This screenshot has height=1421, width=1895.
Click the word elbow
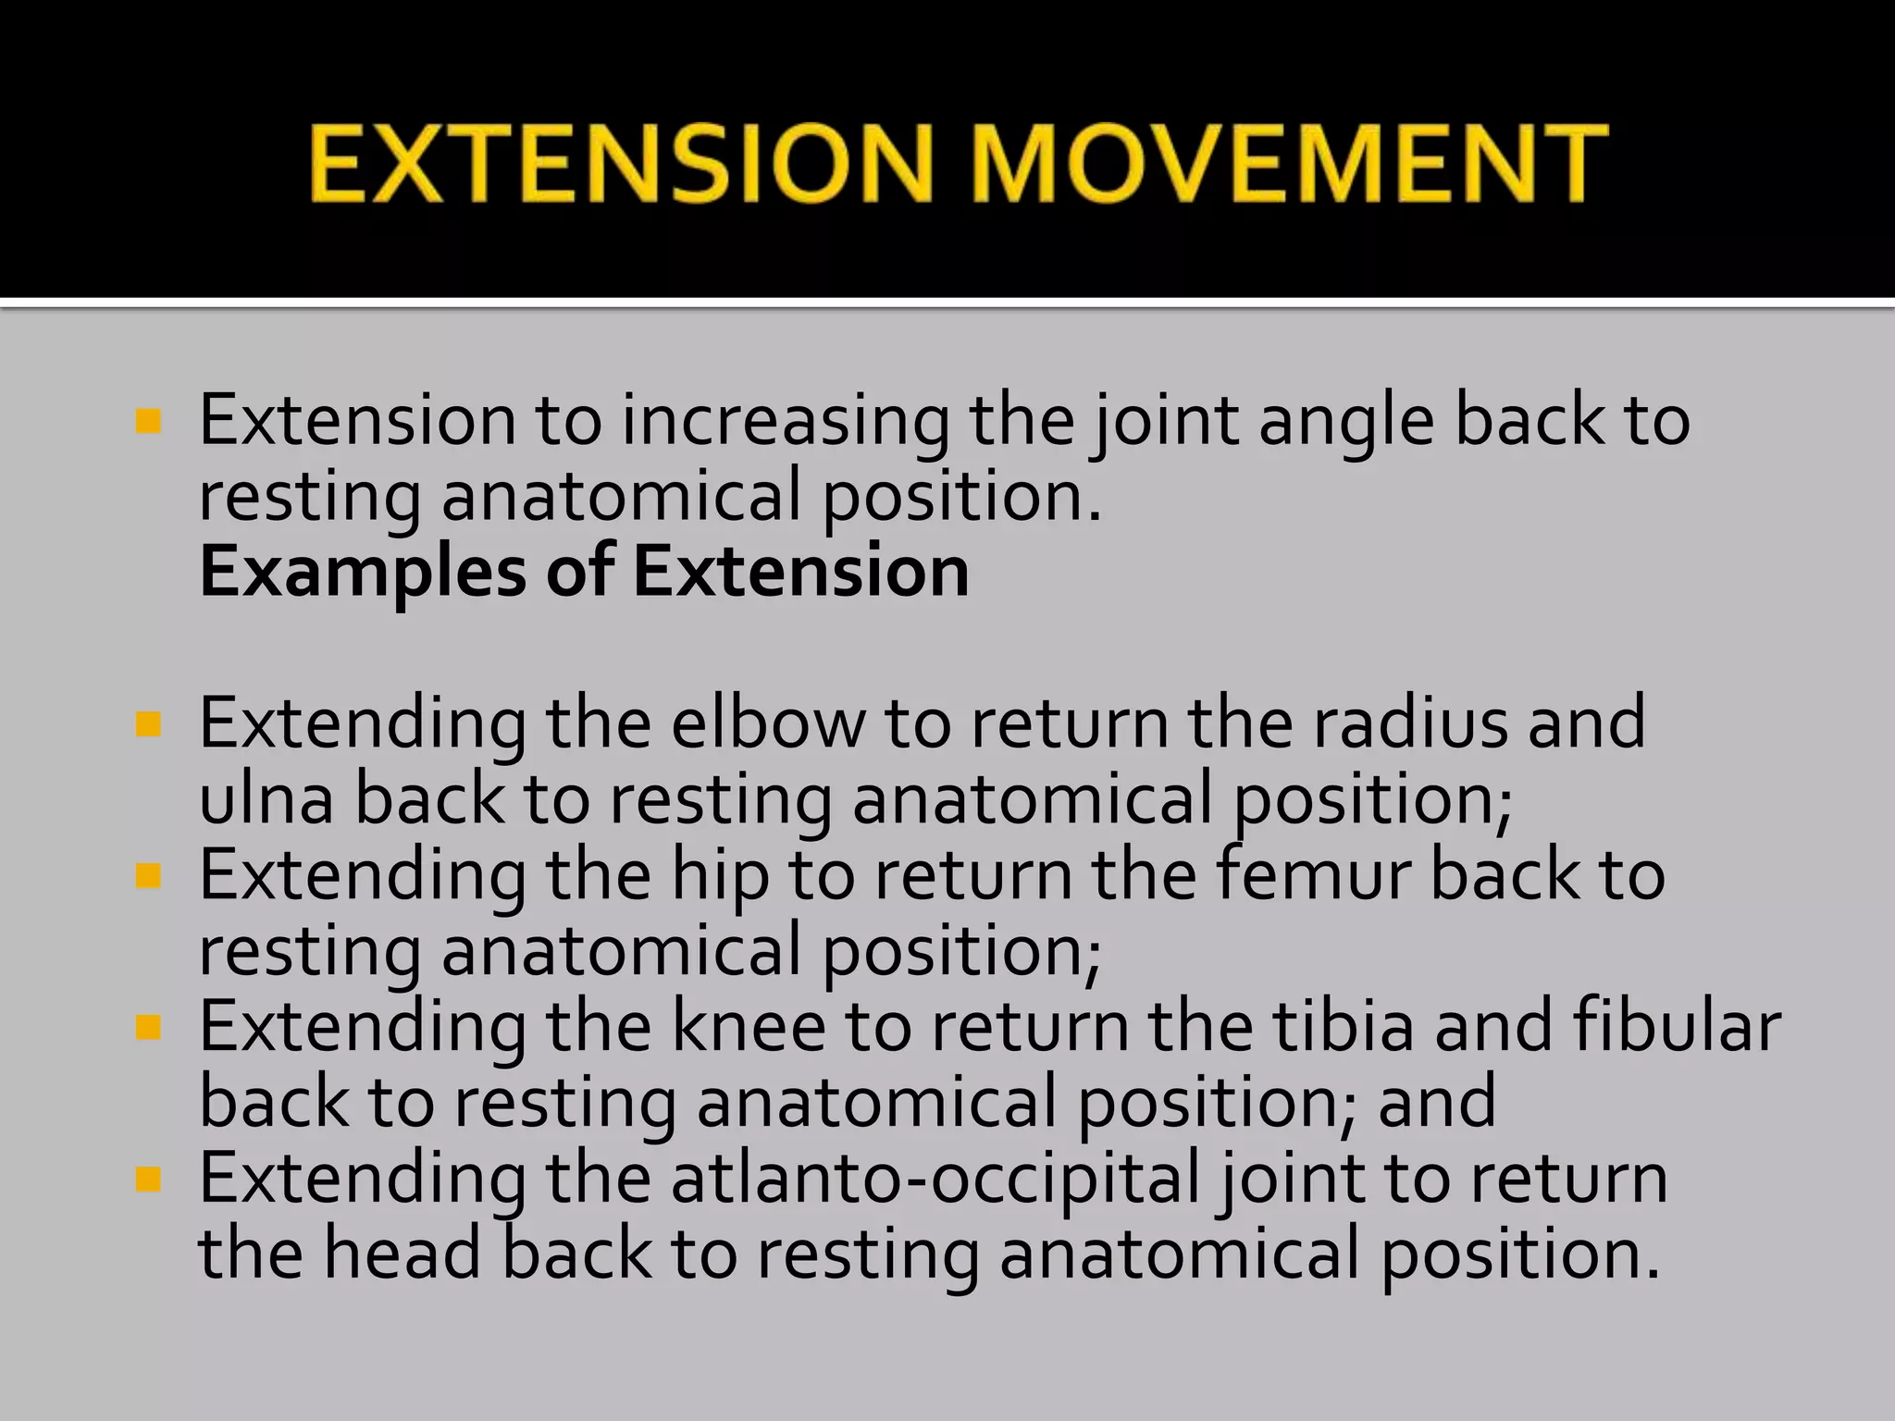pos(768,723)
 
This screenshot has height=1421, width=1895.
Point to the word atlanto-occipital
pos(935,1180)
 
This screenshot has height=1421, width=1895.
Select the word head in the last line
pos(402,1254)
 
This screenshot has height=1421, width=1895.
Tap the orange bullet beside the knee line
pos(148,1028)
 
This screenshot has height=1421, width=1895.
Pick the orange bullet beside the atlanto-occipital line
pos(148,1180)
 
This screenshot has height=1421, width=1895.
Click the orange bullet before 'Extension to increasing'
pos(148,422)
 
